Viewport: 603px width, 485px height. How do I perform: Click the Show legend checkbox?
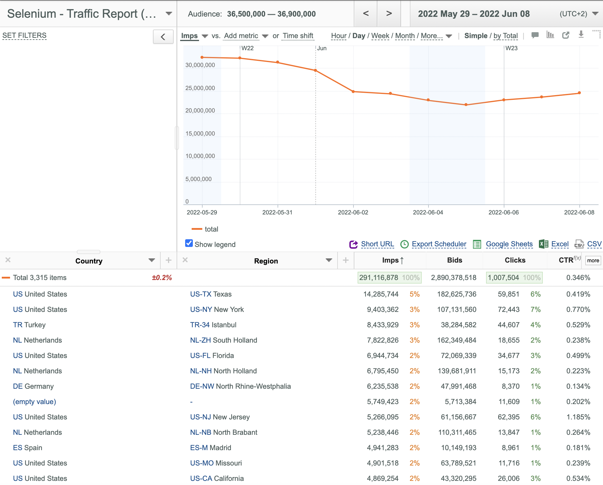189,243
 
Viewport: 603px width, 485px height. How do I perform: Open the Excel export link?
560,244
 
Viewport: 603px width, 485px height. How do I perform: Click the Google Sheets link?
509,244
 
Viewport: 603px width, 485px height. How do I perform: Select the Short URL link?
377,244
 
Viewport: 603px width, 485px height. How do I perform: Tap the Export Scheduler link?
439,244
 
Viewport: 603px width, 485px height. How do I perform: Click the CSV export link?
594,244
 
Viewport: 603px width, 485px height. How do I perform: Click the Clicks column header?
515,260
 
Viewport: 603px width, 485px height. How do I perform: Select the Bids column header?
454,260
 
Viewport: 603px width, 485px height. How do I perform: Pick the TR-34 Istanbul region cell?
213,325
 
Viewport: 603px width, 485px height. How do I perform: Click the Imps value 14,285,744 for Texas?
381,294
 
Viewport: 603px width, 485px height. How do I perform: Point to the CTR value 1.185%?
578,417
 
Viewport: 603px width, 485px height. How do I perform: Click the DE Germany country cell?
33,386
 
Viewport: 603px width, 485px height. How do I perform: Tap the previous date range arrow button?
366,14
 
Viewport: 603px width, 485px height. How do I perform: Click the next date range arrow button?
389,14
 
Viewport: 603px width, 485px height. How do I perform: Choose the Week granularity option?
380,36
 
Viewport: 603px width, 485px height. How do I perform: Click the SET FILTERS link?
25,35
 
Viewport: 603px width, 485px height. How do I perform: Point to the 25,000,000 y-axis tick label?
200,88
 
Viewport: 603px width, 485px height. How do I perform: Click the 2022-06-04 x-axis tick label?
428,212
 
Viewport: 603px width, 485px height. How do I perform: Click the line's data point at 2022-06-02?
353,92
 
